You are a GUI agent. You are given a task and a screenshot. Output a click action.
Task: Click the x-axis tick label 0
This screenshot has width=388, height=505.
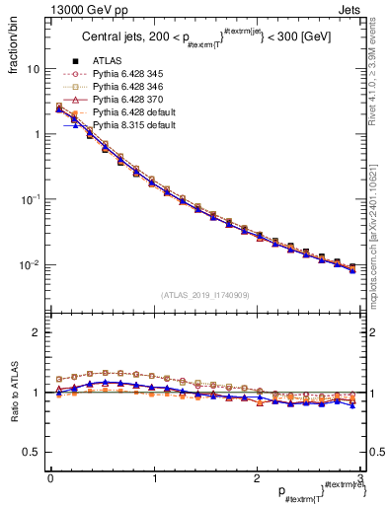pyautogui.click(x=50, y=477)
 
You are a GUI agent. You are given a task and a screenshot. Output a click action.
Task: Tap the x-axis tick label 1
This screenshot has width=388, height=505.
pyautogui.click(x=153, y=477)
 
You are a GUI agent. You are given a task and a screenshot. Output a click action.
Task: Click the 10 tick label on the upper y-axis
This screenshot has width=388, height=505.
pyautogui.click(x=34, y=70)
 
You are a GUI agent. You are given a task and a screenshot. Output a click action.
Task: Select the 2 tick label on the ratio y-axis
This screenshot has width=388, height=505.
pyautogui.click(x=37, y=332)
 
